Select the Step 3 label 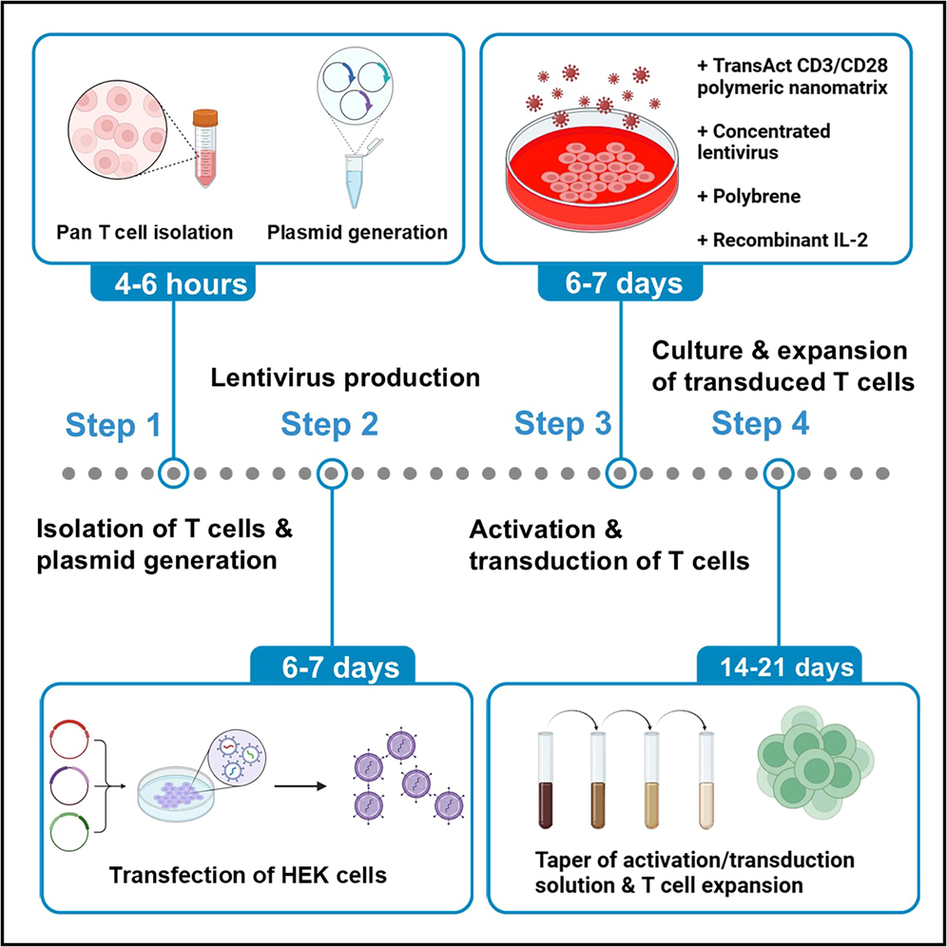tap(563, 425)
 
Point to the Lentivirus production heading tap(344, 377)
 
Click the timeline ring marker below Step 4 tap(779, 472)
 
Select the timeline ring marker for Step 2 tap(330, 472)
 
